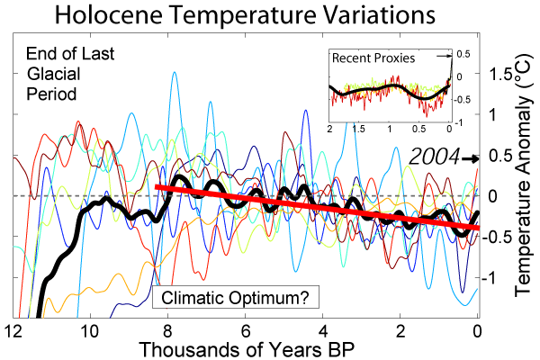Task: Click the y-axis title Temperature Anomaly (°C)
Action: [x=525, y=180]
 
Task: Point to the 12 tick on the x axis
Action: [x=13, y=328]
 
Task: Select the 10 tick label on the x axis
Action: [x=89, y=328]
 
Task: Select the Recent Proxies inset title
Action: [x=373, y=58]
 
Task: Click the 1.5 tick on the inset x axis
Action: [x=359, y=130]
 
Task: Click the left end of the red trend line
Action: [x=156, y=187]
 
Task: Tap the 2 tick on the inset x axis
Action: [x=329, y=130]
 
